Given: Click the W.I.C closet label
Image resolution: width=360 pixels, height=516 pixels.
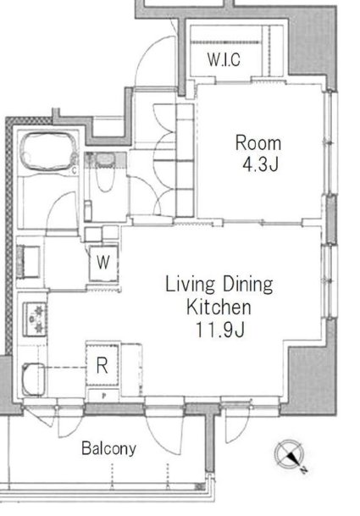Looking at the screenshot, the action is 224,59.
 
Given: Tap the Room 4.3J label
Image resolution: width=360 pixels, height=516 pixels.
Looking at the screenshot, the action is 258,153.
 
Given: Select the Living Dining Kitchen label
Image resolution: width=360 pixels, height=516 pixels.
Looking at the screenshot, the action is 219,296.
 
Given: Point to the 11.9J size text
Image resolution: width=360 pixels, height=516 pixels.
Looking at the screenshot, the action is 220,330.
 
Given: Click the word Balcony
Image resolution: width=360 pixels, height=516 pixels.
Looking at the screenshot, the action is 109,448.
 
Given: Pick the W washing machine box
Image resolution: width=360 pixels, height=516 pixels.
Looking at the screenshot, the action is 103,264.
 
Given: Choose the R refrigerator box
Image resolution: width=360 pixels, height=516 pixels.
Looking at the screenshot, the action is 102,365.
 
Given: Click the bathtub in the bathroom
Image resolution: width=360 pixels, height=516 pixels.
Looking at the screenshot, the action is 49,152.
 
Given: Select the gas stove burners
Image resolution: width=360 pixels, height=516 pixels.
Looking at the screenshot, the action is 35,319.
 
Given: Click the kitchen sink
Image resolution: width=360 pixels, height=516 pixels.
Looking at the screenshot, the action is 33,379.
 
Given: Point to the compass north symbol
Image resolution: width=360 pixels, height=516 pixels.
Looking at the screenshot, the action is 289,453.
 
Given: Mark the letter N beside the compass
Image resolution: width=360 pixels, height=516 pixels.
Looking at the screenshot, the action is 304,470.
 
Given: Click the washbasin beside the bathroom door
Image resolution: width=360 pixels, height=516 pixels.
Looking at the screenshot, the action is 29,261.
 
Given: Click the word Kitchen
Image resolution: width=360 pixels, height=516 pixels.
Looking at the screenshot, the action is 219,307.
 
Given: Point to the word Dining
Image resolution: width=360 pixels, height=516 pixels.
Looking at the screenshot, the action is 248,285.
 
